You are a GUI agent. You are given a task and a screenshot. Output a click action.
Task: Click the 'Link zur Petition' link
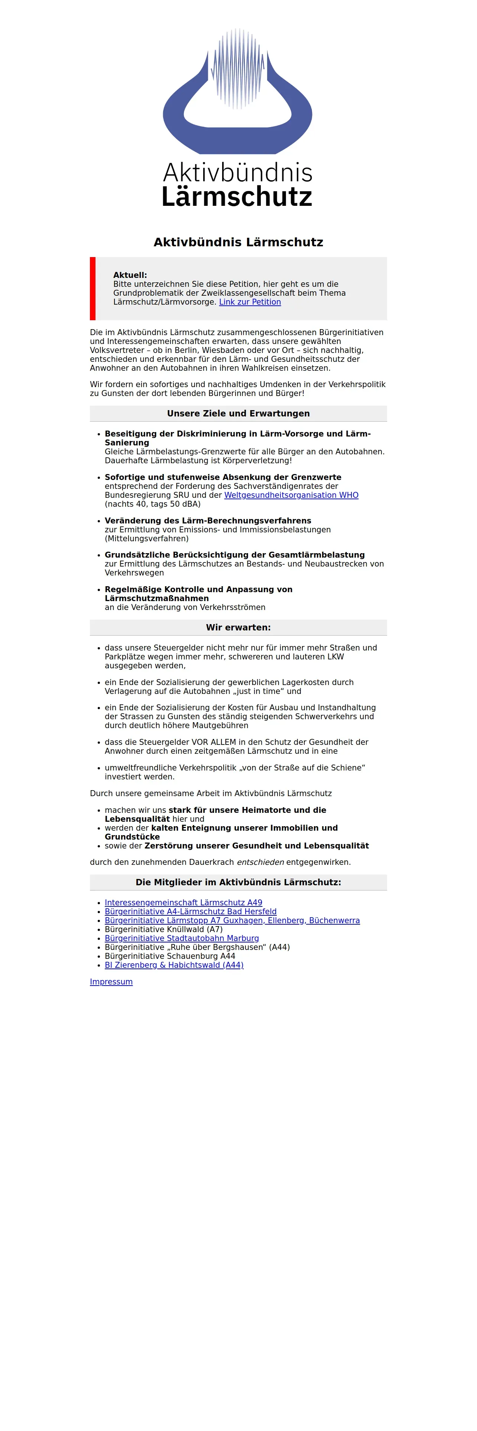pyautogui.click(x=250, y=302)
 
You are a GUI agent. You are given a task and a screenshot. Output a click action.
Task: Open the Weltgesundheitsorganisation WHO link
pyautogui.click(x=291, y=495)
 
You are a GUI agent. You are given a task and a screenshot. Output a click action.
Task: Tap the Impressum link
pyautogui.click(x=111, y=981)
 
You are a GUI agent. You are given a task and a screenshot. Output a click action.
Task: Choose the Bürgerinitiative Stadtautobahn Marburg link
pyautogui.click(x=182, y=938)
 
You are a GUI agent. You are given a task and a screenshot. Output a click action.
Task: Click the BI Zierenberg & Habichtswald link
pyautogui.click(x=174, y=965)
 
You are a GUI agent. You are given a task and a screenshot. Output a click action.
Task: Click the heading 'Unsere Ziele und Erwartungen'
pyautogui.click(x=238, y=413)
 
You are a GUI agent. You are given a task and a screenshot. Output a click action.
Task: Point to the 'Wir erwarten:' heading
pyautogui.click(x=238, y=627)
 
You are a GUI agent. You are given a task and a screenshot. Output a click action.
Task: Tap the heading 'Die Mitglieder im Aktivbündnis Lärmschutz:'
pyautogui.click(x=238, y=882)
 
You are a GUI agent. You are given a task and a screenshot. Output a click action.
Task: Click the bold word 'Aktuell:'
pyautogui.click(x=130, y=275)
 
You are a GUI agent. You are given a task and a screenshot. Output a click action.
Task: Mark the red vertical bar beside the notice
pyautogui.click(x=93, y=288)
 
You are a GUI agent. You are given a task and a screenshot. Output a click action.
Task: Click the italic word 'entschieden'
pyautogui.click(x=260, y=862)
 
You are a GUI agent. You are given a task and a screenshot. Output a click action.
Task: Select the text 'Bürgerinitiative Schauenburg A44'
pyautogui.click(x=170, y=956)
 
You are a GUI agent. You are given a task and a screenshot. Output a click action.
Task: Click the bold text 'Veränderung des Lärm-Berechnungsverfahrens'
pyautogui.click(x=208, y=520)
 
